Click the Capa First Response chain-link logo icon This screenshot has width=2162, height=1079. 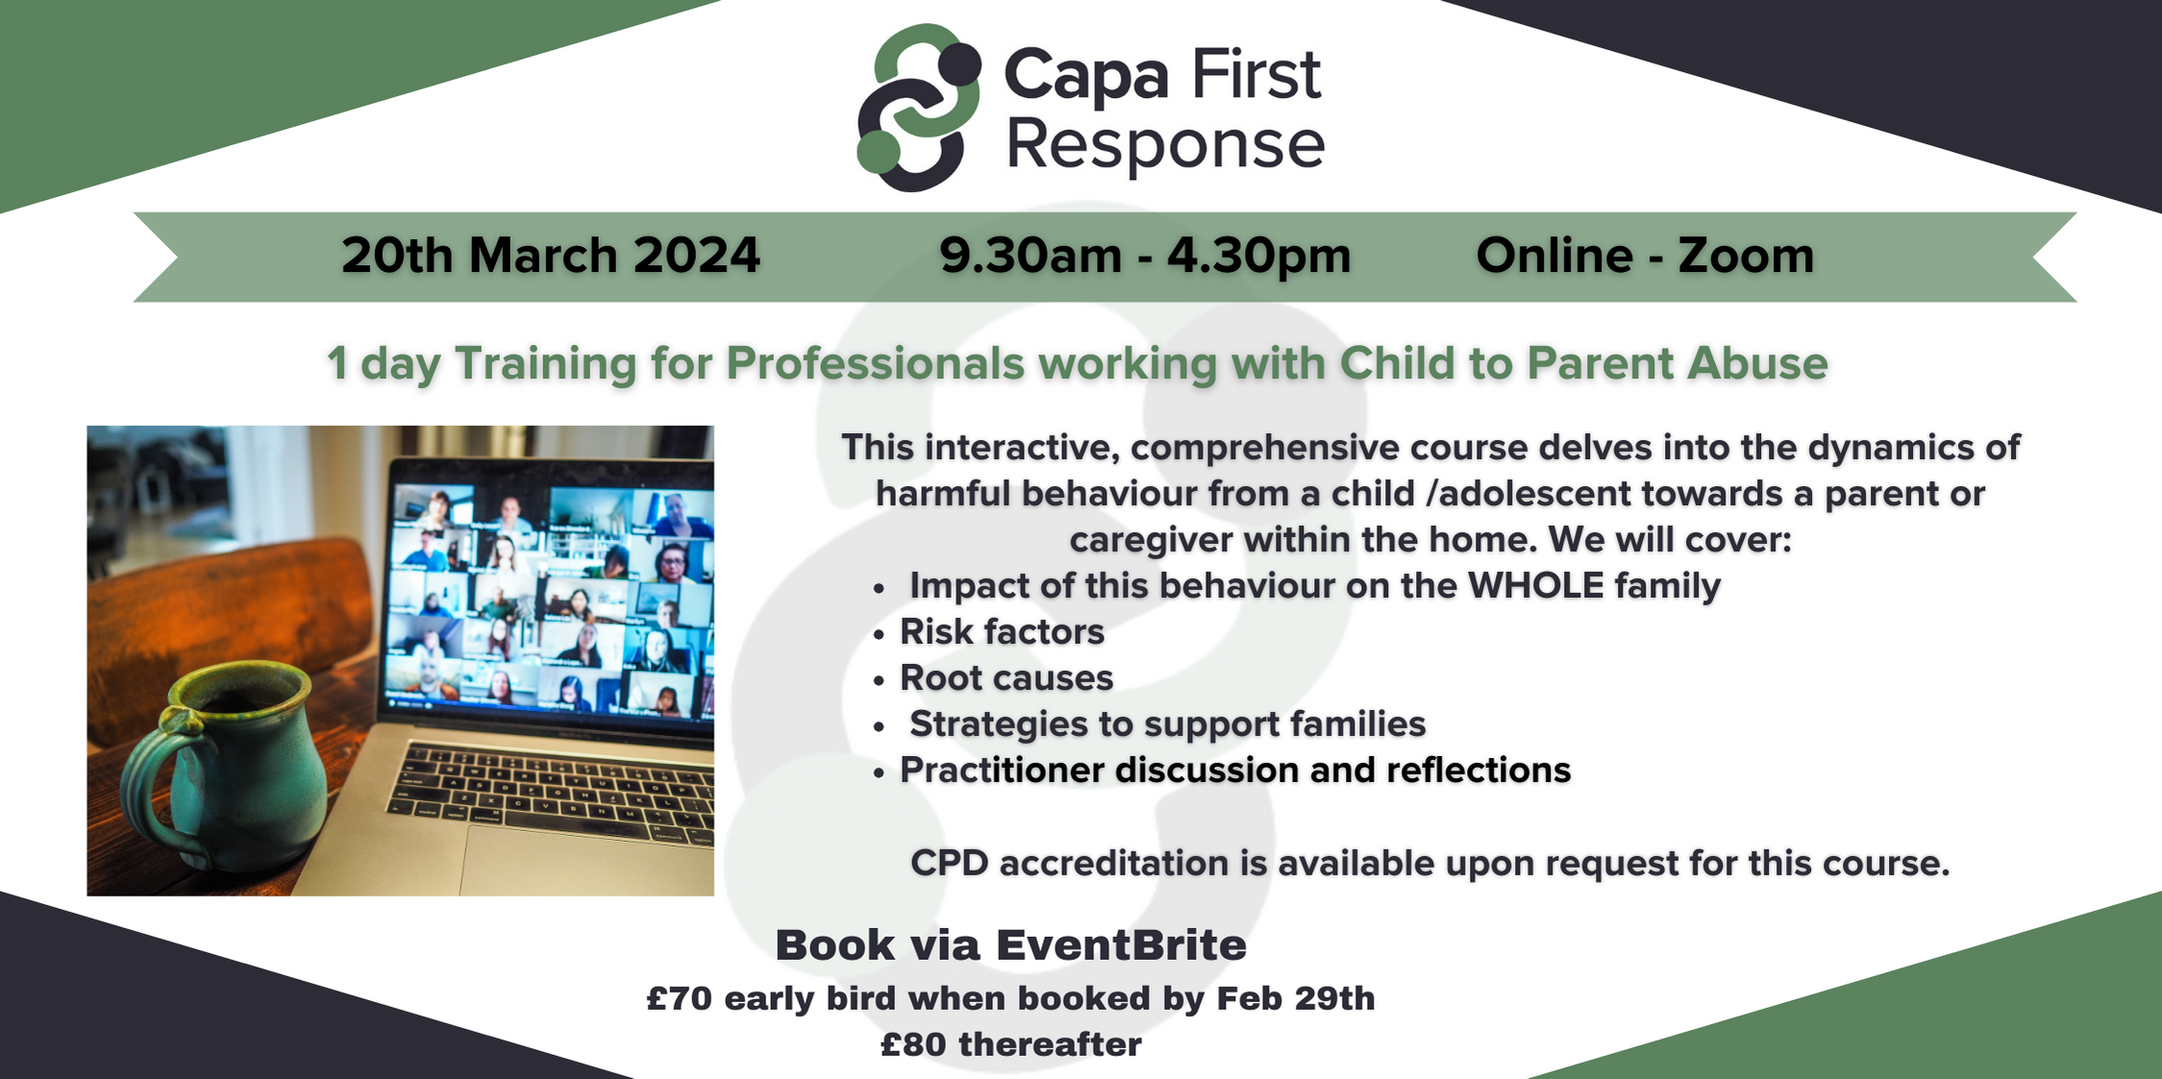pyautogui.click(x=918, y=108)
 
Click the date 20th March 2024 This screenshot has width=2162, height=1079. pyautogui.click(x=550, y=256)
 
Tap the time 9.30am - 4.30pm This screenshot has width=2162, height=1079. pyautogui.click(x=1145, y=256)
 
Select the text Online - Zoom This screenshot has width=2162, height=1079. pyautogui.click(x=1645, y=256)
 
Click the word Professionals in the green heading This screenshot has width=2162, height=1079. pyautogui.click(x=875, y=364)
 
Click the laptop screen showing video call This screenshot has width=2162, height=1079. pyautogui.click(x=553, y=596)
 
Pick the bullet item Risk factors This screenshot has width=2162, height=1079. pyautogui.click(x=1002, y=632)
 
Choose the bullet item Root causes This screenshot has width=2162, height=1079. pyautogui.click(x=1006, y=678)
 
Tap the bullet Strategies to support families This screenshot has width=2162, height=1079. pyautogui.click(x=1167, y=724)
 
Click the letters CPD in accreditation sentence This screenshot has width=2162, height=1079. pyautogui.click(x=949, y=863)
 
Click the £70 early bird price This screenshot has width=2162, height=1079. pyautogui.click(x=680, y=999)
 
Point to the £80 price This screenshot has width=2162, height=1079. pyautogui.click(x=912, y=1045)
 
